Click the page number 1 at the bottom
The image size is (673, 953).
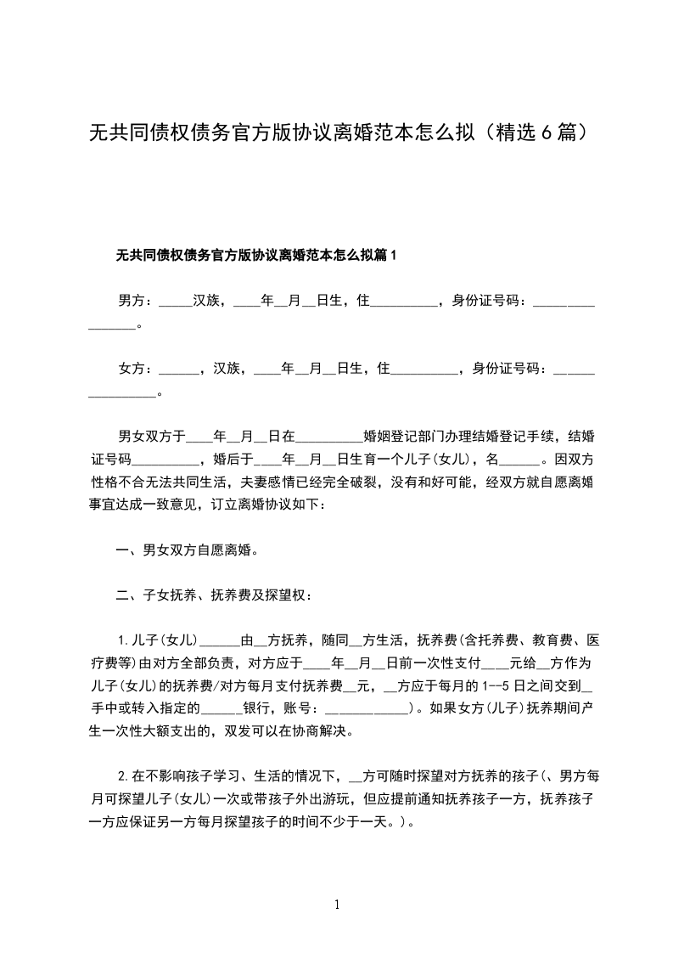337,905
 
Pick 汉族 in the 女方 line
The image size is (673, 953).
227,369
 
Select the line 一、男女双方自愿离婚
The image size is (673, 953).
187,550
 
